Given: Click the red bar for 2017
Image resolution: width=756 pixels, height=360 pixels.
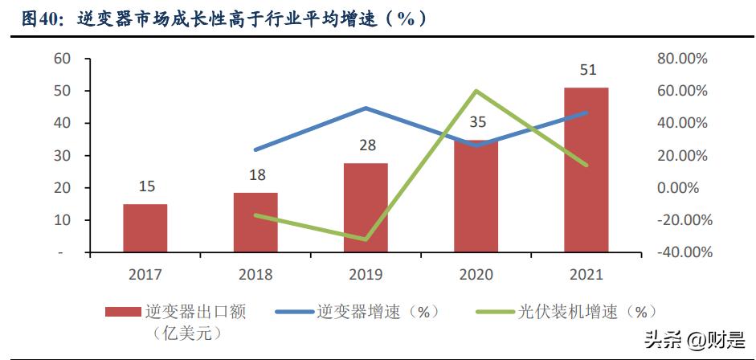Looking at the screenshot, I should pyautogui.click(x=145, y=228).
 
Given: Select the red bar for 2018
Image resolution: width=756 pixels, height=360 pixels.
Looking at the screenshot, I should pyautogui.click(x=255, y=223).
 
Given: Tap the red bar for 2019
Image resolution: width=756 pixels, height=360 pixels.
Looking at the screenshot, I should pyautogui.click(x=366, y=208).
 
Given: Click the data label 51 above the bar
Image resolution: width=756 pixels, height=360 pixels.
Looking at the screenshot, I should pyautogui.click(x=587, y=70).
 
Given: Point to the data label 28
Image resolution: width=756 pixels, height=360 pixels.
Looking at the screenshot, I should pyautogui.click(x=366, y=145).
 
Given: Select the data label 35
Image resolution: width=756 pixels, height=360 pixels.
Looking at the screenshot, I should pyautogui.click(x=476, y=122).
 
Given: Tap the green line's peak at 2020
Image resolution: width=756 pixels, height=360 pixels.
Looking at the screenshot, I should pyautogui.click(x=476, y=91).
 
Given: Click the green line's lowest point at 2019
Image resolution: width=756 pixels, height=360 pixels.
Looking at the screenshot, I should pyautogui.click(x=366, y=239).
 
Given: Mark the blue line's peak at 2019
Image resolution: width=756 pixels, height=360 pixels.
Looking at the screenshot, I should pyautogui.click(x=366, y=108).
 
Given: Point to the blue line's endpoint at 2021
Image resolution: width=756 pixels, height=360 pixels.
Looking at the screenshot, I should pyautogui.click(x=586, y=112).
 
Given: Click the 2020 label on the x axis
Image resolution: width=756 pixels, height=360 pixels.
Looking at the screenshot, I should pyautogui.click(x=476, y=275).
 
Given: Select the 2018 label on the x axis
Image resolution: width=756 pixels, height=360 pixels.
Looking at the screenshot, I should pyautogui.click(x=255, y=275).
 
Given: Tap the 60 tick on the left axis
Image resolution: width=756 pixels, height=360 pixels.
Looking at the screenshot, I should pyautogui.click(x=63, y=59).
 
